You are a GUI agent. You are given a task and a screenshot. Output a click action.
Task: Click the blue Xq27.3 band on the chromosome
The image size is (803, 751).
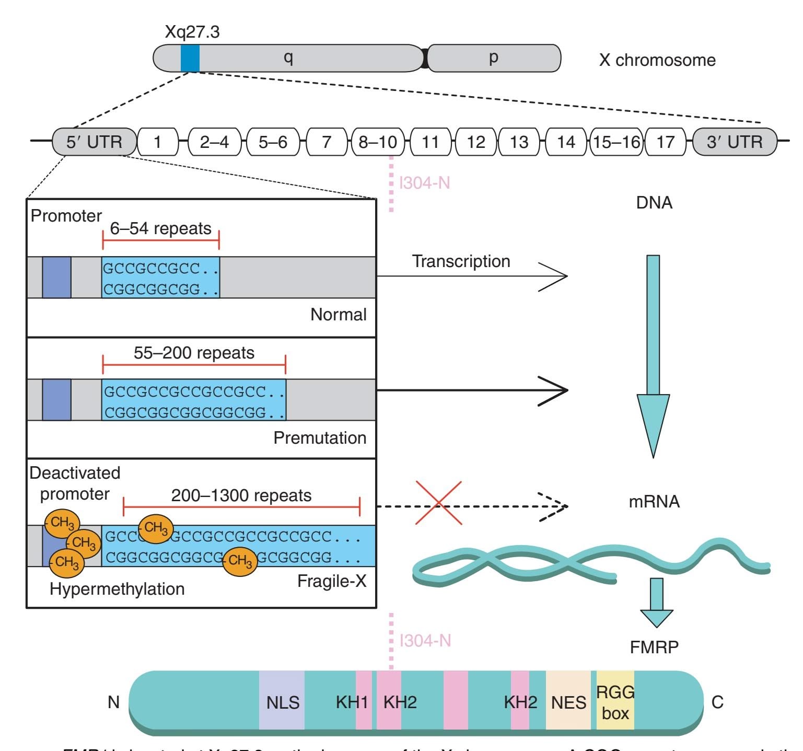click(x=190, y=58)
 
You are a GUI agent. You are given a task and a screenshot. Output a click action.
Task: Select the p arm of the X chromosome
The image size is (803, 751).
click(x=494, y=58)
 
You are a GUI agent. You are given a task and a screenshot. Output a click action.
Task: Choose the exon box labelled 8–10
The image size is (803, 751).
click(x=378, y=142)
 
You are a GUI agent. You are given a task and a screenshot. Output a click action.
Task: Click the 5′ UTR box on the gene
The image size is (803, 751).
click(x=94, y=142)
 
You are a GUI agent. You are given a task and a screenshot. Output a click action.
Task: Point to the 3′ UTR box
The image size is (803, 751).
click(x=734, y=142)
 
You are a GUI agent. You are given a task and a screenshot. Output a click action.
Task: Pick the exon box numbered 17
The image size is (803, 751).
click(x=666, y=142)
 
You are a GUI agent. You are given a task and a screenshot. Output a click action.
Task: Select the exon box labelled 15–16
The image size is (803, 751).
click(x=616, y=142)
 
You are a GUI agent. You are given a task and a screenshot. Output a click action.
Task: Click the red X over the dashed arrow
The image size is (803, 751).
click(x=438, y=503)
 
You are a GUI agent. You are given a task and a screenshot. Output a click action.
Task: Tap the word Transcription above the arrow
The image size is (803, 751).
click(x=461, y=261)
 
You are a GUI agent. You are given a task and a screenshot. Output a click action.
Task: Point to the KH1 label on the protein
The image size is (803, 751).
click(x=352, y=702)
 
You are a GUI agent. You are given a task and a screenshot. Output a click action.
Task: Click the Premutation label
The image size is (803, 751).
click(x=320, y=438)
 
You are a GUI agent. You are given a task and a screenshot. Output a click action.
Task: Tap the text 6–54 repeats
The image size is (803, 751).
click(x=160, y=229)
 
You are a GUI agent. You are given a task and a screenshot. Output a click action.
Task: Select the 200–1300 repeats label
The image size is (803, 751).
click(x=241, y=495)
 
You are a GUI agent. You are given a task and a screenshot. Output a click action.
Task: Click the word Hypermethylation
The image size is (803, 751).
click(x=117, y=589)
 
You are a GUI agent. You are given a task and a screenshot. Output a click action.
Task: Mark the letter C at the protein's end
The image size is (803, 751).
click(x=717, y=702)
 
